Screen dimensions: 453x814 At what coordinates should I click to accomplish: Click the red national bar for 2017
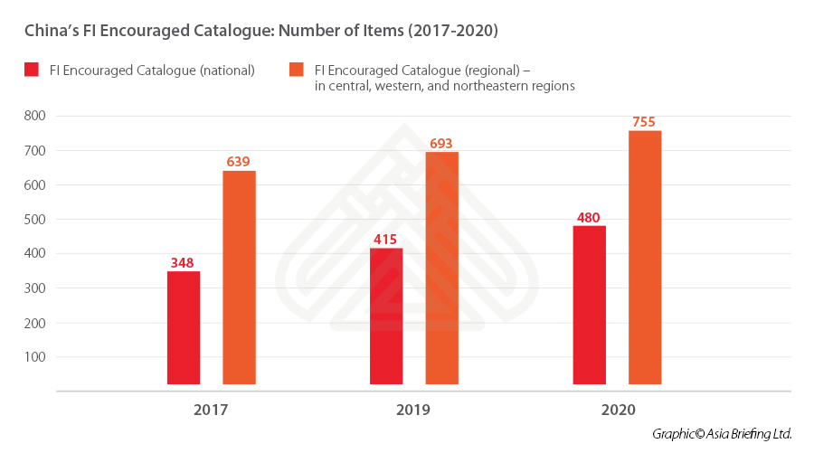click(184, 327)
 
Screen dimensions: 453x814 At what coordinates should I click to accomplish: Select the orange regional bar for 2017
click(239, 278)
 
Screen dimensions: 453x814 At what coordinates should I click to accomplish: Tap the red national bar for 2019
click(386, 316)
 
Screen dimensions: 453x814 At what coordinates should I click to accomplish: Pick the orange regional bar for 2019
click(441, 268)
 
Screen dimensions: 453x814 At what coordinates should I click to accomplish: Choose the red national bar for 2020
click(590, 305)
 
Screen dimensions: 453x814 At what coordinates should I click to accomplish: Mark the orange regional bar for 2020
click(645, 258)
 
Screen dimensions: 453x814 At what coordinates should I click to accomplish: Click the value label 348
click(184, 263)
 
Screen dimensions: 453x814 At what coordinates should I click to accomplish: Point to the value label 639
click(239, 162)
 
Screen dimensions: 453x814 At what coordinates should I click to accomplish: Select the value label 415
click(386, 240)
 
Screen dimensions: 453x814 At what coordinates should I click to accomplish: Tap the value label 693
click(441, 143)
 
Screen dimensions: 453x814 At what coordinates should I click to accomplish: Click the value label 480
click(590, 217)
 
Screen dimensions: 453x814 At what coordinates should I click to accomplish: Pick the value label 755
click(645, 122)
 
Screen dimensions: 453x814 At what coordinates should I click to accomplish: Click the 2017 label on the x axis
click(211, 410)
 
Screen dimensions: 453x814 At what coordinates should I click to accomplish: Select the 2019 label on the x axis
click(413, 410)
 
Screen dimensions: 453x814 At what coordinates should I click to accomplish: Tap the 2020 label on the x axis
click(618, 410)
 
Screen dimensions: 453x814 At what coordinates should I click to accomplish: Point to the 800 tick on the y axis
click(35, 116)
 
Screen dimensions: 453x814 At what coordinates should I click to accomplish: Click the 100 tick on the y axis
click(35, 356)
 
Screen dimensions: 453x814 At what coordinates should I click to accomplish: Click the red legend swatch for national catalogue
click(33, 71)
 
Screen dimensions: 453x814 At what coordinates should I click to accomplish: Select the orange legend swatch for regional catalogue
click(296, 71)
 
